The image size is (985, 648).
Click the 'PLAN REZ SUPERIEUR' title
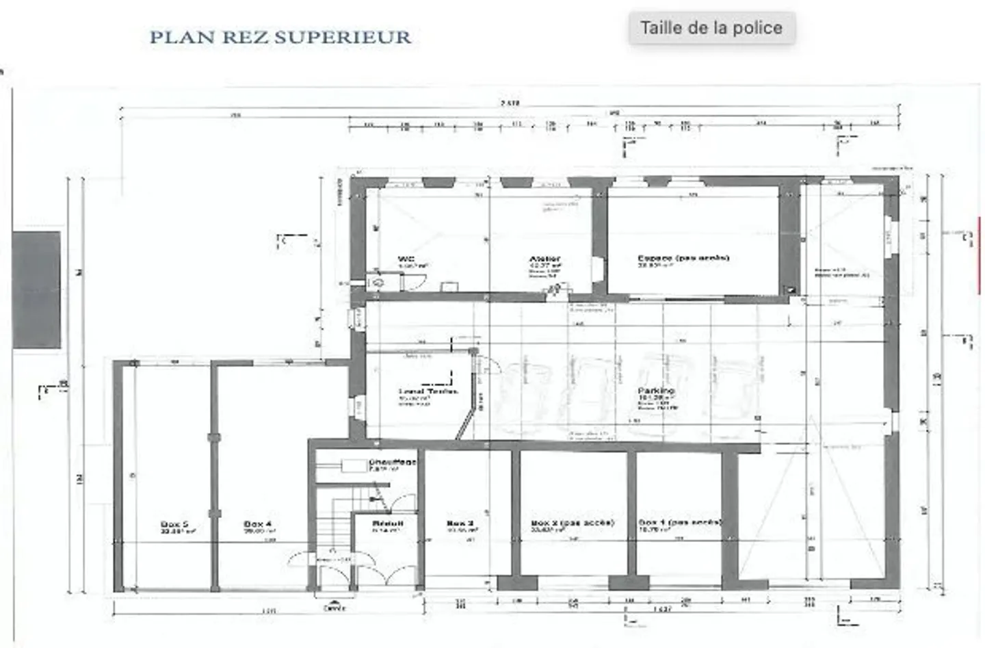(x=280, y=37)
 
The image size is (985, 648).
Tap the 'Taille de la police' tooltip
(x=711, y=28)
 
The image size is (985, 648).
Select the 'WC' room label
(x=406, y=259)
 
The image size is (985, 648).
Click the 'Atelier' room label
(x=544, y=259)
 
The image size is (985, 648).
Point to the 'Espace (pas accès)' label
(x=683, y=258)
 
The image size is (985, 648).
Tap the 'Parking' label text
(x=656, y=391)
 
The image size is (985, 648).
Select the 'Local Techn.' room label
(x=428, y=392)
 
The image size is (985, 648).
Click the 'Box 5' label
(x=174, y=524)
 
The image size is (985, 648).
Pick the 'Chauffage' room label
(x=393, y=463)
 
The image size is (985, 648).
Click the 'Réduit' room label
(x=387, y=523)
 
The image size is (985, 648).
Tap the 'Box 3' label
(x=460, y=523)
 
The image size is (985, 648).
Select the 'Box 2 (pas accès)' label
(x=572, y=523)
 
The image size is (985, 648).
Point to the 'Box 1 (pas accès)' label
(x=679, y=522)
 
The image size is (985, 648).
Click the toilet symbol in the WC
(x=377, y=281)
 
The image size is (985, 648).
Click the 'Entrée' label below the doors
(x=334, y=608)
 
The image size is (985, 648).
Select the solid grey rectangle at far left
(x=36, y=290)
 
